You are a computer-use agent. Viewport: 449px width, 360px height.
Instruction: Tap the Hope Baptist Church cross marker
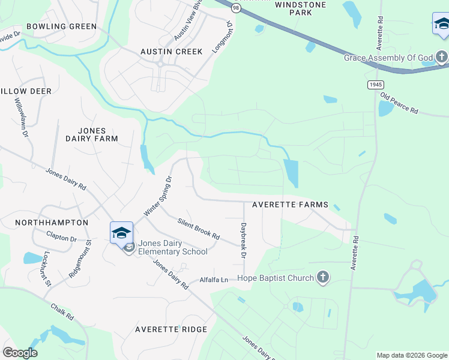(323, 278)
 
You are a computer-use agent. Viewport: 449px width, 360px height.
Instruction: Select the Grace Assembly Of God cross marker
(442, 58)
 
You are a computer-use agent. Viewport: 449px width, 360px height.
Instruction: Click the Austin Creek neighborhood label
(171, 52)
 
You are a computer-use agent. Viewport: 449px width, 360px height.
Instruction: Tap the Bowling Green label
(61, 26)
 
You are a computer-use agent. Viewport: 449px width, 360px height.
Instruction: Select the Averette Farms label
(290, 205)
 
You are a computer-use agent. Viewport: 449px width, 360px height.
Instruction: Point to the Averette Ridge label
(171, 329)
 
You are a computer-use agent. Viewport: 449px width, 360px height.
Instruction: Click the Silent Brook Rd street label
(199, 228)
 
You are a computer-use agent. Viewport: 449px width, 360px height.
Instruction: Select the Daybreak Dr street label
(244, 241)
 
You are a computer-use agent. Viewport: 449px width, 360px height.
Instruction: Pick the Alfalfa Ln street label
(214, 280)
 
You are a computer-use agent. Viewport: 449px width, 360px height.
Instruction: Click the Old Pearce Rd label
(399, 104)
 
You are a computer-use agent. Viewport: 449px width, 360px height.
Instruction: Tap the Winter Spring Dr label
(158, 196)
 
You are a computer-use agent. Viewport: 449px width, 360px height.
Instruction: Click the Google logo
(20, 353)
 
